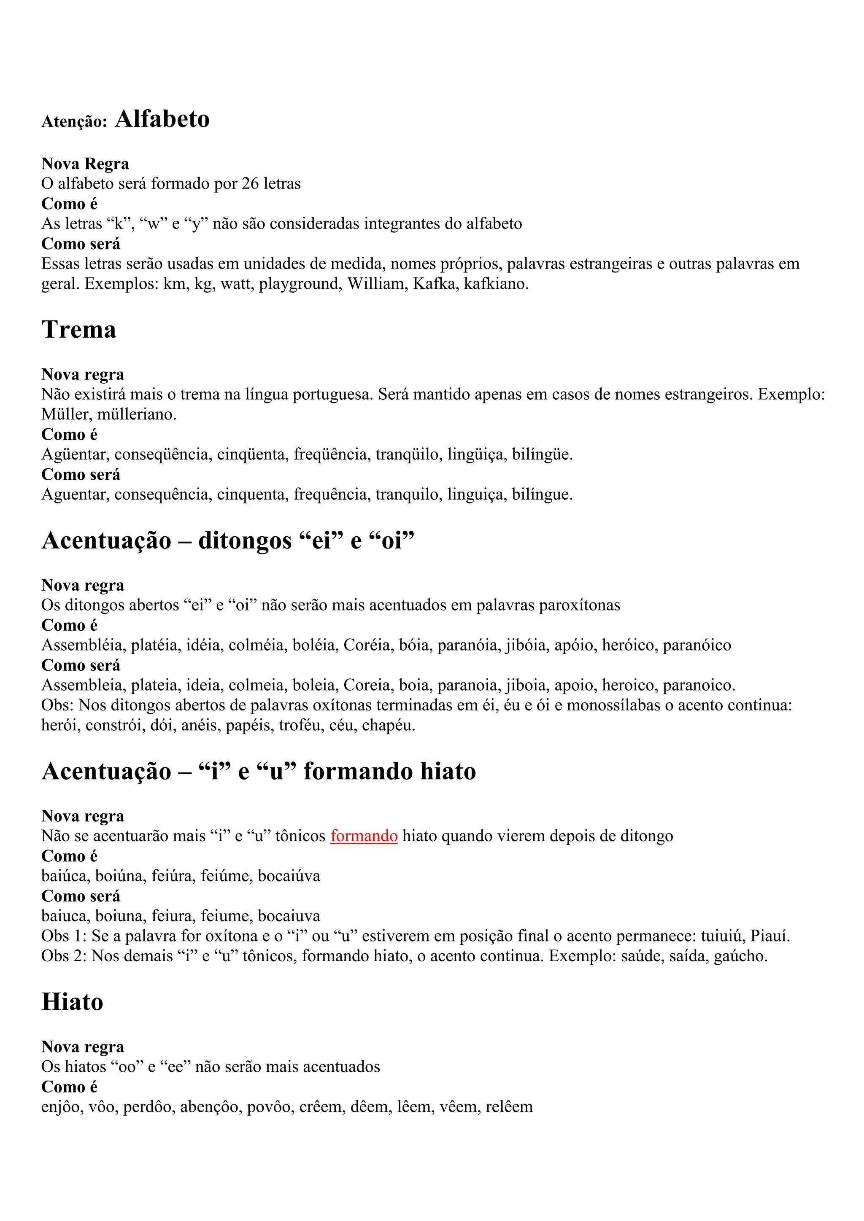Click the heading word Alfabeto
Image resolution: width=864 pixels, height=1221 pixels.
(x=162, y=119)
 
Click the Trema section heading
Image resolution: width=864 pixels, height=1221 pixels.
(x=79, y=329)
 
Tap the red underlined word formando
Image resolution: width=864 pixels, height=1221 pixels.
(x=364, y=836)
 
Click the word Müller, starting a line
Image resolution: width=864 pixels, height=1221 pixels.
(x=66, y=414)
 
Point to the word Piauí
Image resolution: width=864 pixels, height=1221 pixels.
(x=770, y=936)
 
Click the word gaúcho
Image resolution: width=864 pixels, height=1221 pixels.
(x=740, y=956)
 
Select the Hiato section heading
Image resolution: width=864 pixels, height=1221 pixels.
(x=73, y=1002)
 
